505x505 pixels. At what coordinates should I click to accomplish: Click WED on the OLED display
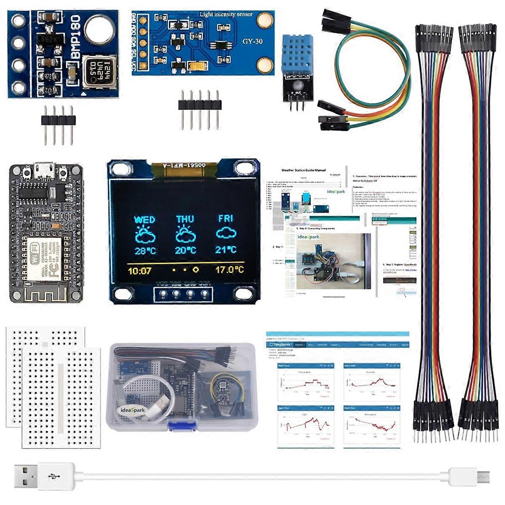[x=144, y=220]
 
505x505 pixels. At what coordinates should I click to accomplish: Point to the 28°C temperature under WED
[x=145, y=251]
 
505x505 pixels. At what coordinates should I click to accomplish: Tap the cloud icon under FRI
[x=226, y=233]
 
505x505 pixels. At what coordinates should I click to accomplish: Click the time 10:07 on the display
[x=139, y=271]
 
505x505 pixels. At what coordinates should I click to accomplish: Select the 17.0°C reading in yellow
[x=229, y=270]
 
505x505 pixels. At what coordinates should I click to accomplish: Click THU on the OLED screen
[x=185, y=219]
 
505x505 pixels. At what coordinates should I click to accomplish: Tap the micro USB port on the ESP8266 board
[x=44, y=170]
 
